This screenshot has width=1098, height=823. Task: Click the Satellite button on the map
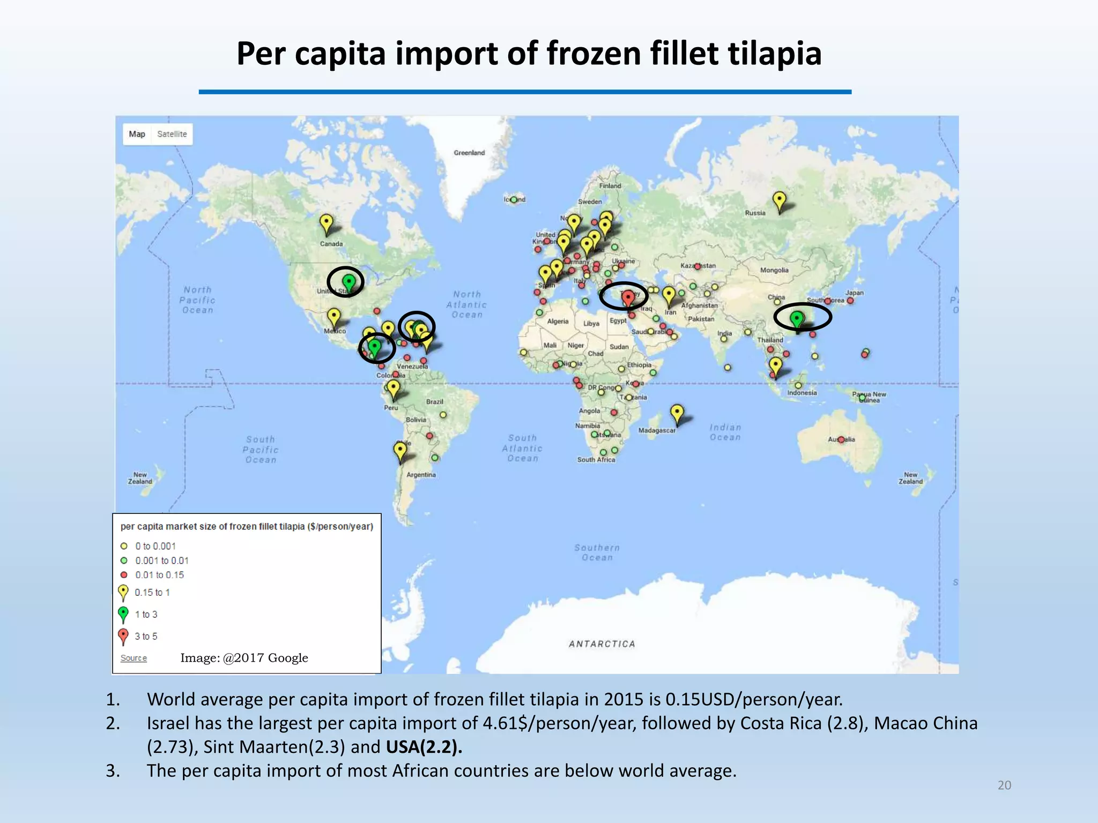click(x=172, y=134)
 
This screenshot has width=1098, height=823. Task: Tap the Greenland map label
click(x=469, y=153)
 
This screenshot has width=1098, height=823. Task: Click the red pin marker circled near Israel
click(x=628, y=297)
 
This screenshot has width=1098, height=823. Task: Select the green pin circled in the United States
click(x=348, y=282)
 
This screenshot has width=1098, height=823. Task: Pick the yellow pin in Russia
click(x=779, y=201)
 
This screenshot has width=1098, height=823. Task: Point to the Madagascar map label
click(x=657, y=430)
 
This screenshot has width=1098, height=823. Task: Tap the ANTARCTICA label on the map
click(x=602, y=644)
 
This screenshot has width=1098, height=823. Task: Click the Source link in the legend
click(x=133, y=658)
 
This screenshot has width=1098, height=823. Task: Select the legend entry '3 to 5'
click(x=146, y=636)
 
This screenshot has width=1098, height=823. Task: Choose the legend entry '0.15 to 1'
click(x=152, y=592)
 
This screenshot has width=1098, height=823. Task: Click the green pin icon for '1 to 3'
click(x=123, y=613)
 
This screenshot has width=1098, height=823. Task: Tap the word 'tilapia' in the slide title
click(x=774, y=54)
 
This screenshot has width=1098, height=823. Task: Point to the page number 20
click(x=1004, y=785)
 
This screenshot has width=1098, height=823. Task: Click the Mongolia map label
click(x=774, y=270)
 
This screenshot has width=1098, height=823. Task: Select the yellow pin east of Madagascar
click(x=677, y=413)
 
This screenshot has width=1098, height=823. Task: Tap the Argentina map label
click(x=421, y=475)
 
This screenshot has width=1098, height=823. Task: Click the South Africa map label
click(x=596, y=460)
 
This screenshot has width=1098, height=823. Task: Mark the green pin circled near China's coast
click(x=797, y=319)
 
